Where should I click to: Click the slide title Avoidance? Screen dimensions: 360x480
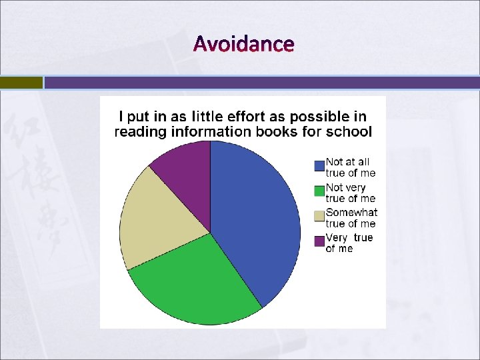[x=243, y=44]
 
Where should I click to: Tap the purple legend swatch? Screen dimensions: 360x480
[x=319, y=241]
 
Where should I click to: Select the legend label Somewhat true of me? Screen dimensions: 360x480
[x=351, y=218]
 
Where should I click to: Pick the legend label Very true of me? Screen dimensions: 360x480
[x=349, y=243]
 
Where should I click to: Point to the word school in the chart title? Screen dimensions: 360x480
[x=349, y=132]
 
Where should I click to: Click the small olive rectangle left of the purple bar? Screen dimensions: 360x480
[x=21, y=83]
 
